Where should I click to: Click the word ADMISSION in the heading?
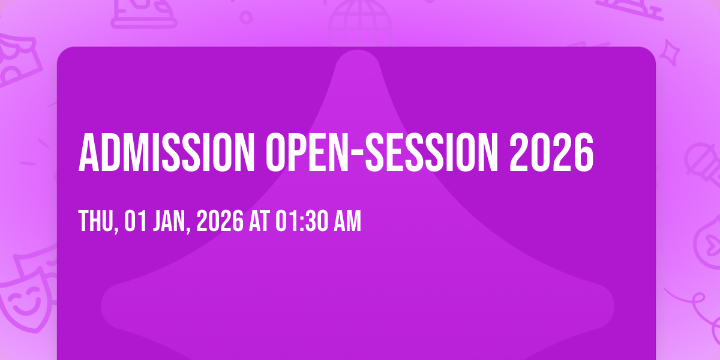point(167,152)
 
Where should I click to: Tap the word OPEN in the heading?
point(308,152)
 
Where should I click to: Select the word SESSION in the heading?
point(431,152)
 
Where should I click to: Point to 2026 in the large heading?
point(551,152)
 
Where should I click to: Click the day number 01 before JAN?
point(136,221)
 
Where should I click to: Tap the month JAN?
point(169,221)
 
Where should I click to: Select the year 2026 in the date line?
point(220,221)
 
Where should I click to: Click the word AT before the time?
point(259,221)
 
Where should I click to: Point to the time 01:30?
point(302,221)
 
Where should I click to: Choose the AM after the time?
point(347,221)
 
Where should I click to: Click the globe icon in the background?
point(360,22)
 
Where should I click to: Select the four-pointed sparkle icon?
point(670,53)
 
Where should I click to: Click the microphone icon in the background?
point(703,164)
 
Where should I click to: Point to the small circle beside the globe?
point(246,17)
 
